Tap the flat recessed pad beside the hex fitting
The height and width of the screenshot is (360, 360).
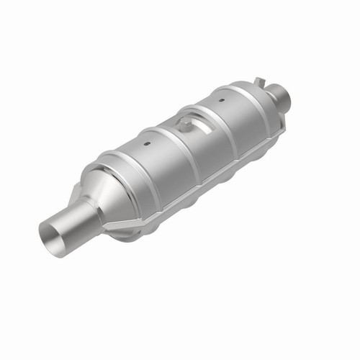[x=199, y=129]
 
